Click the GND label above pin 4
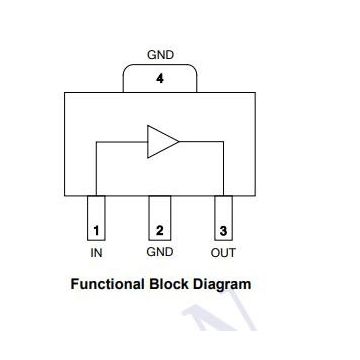click(x=161, y=54)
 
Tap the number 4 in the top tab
click(x=160, y=80)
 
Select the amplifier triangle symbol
click(x=160, y=142)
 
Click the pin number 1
click(x=96, y=231)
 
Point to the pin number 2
click(x=160, y=231)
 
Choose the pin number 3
click(x=224, y=231)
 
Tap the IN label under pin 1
click(x=97, y=253)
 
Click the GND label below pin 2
click(x=160, y=253)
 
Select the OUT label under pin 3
click(x=223, y=253)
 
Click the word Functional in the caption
click(x=108, y=284)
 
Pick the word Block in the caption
click(x=172, y=284)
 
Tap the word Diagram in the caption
click(x=223, y=284)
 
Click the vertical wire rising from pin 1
click(x=96, y=170)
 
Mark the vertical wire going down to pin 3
click(x=223, y=170)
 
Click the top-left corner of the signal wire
click(x=96, y=142)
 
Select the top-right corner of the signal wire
click(x=223, y=142)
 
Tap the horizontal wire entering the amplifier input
click(x=120, y=142)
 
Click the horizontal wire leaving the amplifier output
click(x=200, y=142)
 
